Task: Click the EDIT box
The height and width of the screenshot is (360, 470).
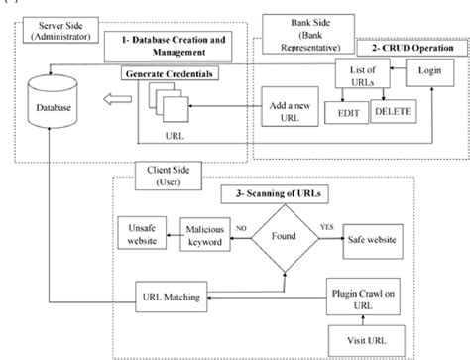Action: pyautogui.click(x=346, y=112)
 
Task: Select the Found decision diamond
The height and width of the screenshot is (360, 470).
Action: pyautogui.click(x=287, y=238)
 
